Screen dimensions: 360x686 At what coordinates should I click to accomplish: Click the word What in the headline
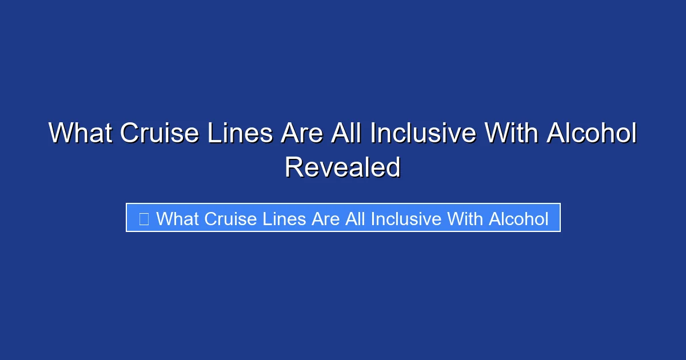coord(80,134)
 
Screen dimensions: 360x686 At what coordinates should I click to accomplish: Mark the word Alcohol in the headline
coord(591,134)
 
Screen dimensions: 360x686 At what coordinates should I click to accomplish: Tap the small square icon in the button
coord(143,218)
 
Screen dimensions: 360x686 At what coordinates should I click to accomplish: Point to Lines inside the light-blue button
coord(283,218)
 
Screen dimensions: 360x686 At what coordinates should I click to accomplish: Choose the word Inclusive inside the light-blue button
coord(406,218)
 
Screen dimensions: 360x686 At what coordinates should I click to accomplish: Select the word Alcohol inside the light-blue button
coord(519,218)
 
